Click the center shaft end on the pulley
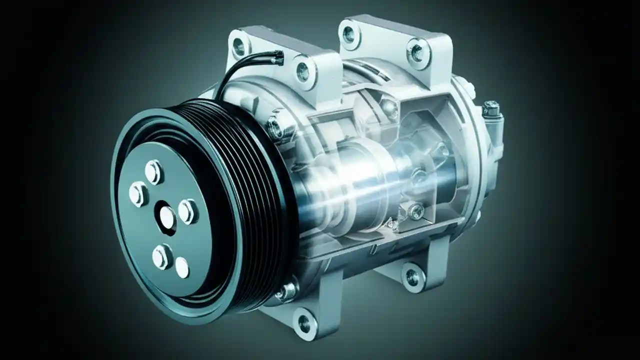click(x=167, y=216)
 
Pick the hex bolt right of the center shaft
click(x=187, y=211)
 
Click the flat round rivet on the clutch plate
click(x=182, y=268)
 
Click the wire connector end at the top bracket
click(x=276, y=59)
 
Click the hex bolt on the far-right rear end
click(x=491, y=108)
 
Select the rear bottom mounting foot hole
click(x=413, y=274)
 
